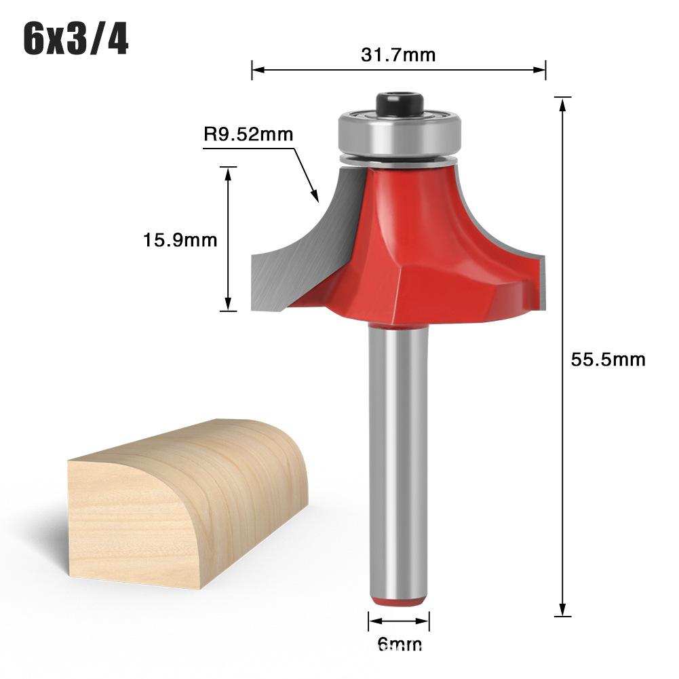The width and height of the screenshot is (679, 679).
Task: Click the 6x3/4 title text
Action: (75, 40)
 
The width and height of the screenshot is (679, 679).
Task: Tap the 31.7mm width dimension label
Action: (398, 55)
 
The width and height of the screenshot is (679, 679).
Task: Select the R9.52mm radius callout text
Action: (248, 134)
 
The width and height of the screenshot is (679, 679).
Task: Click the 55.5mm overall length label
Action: (607, 360)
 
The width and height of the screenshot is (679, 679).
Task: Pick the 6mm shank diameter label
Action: (398, 644)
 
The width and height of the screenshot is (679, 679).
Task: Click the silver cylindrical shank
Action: (398, 461)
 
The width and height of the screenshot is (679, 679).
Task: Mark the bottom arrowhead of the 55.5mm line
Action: (562, 612)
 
